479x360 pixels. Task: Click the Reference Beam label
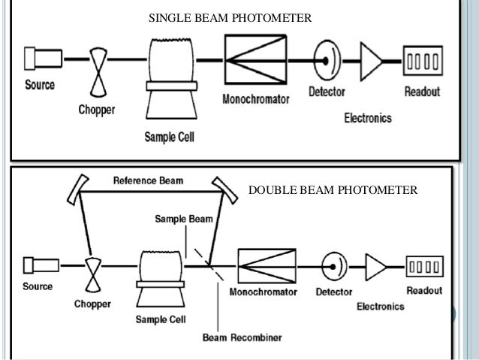coord(147,180)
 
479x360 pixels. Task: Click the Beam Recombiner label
coord(242,337)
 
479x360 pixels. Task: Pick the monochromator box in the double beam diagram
coord(263,265)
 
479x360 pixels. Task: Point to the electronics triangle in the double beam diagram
coord(375,265)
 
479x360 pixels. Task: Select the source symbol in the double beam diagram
coord(37,265)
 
